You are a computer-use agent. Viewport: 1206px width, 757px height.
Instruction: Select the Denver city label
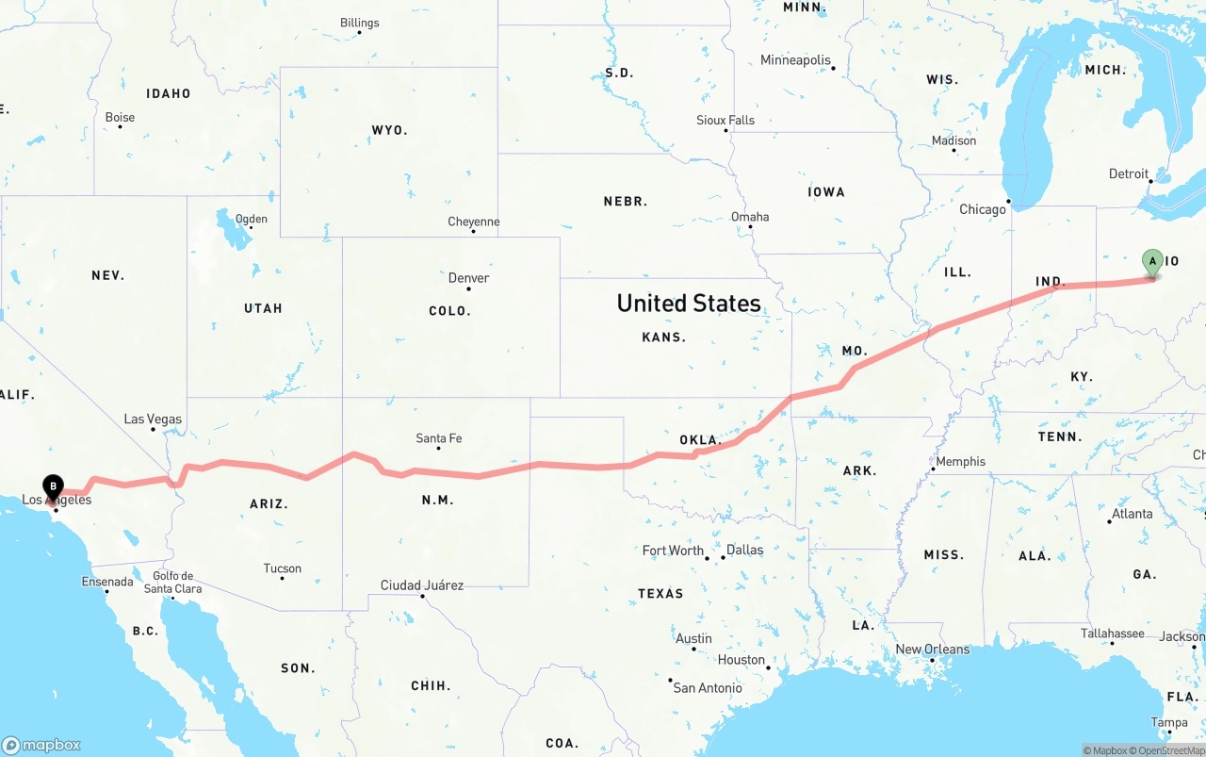(x=468, y=278)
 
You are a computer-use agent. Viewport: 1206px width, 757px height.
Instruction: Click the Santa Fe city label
(x=439, y=438)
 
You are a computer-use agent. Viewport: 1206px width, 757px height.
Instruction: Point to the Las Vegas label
(x=153, y=420)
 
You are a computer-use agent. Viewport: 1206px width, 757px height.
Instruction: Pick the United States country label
(x=689, y=304)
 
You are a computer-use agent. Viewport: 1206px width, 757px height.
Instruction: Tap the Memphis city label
(x=960, y=462)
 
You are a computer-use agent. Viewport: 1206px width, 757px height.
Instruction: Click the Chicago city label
(x=983, y=209)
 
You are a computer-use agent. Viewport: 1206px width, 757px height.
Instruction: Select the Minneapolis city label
(x=796, y=60)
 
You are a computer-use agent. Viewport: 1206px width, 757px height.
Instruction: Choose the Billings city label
(x=360, y=23)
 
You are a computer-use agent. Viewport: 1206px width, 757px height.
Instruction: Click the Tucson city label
(x=283, y=568)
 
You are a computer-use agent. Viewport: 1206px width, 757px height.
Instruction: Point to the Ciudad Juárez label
(x=422, y=585)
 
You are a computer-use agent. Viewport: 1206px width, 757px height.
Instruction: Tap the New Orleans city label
(x=932, y=650)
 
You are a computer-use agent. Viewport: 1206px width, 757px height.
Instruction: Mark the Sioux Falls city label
(x=725, y=121)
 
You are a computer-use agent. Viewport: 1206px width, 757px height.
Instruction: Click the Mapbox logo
(x=41, y=745)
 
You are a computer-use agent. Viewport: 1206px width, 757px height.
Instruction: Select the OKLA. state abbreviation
(x=700, y=440)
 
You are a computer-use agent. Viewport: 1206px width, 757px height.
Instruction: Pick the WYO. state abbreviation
(x=389, y=130)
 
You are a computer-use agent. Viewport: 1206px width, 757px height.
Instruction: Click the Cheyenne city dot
(x=473, y=231)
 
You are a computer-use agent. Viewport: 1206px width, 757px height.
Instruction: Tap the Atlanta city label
(x=1132, y=514)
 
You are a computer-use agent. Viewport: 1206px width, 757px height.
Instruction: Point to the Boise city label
(x=120, y=118)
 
